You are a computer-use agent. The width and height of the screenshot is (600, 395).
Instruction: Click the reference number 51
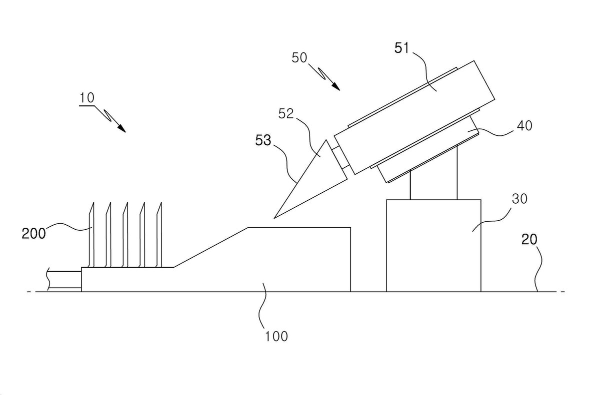coord(402,48)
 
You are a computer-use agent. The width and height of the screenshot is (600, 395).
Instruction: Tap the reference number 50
coord(299,58)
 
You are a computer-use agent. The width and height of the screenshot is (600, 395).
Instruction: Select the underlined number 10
coord(87,98)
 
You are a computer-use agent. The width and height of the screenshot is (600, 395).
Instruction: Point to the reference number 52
coord(286,114)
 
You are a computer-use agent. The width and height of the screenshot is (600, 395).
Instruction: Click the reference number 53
coord(263,140)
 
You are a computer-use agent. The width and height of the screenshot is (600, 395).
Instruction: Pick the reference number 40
coord(524,126)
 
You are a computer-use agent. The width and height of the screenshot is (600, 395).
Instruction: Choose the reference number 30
coord(519,199)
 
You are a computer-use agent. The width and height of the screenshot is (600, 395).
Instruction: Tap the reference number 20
coord(529,239)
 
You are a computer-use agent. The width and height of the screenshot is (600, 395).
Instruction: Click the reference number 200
coord(34,234)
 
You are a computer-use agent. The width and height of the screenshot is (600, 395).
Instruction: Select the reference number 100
coord(276,336)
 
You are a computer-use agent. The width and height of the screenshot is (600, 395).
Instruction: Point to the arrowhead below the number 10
coord(121,128)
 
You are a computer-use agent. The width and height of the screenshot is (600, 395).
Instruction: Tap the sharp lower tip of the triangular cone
coord(274,218)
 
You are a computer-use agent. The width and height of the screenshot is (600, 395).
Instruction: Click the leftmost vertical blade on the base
coord(91,235)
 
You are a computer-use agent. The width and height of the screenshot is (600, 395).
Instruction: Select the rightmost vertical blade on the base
coord(159,235)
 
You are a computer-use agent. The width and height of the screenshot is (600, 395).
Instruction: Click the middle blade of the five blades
coord(125,235)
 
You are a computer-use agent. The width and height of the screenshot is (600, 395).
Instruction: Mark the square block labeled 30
coord(433,246)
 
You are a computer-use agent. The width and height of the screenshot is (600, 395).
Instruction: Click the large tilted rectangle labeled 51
coord(414,117)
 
